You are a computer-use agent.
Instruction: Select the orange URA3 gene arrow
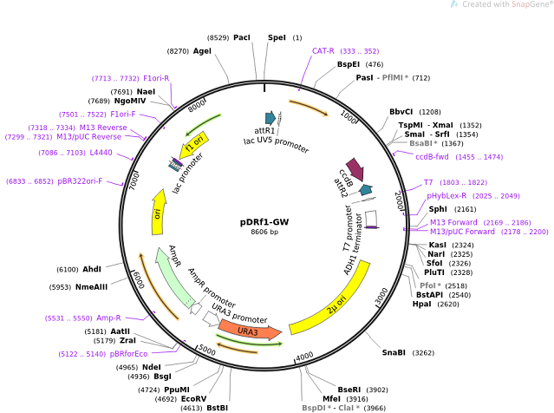tap(250, 329)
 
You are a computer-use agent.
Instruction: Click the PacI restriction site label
tap(242, 37)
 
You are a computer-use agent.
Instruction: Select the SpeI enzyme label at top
tap(277, 37)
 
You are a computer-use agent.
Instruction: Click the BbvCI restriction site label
tap(401, 111)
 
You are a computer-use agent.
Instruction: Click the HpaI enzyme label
tap(421, 304)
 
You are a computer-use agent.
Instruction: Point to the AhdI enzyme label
tap(91, 269)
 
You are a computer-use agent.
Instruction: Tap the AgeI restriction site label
tap(202, 51)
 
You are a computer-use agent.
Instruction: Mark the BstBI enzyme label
tap(217, 407)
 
